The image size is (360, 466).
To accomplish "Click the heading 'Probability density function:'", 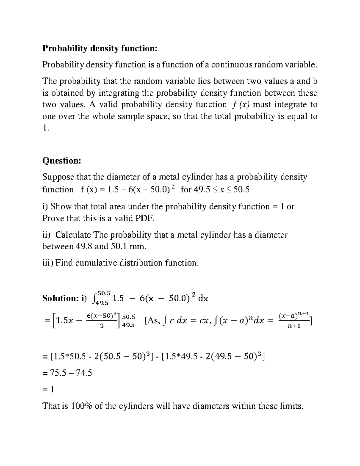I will pos(100,48).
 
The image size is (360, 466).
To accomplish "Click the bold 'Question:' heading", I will pos(61,161).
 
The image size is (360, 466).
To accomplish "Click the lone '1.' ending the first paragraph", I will pos(45,128).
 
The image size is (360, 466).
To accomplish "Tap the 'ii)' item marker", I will pos(47,235).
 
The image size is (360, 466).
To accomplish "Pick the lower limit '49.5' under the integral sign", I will pos(101,303).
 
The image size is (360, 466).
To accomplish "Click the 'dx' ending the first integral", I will pos(203,298).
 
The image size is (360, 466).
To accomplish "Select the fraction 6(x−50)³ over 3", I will pos(101,320).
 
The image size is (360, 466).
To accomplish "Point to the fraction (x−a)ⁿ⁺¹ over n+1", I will pos(294,320).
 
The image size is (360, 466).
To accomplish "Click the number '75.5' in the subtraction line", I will pos(58,373).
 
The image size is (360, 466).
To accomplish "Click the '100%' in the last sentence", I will pos(82,406).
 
